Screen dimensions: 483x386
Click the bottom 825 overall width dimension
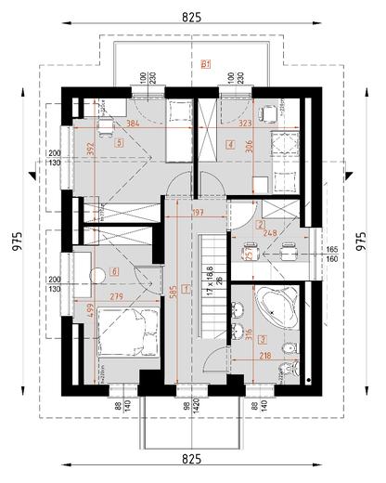coord(192,459)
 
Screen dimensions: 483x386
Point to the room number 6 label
coord(114,271)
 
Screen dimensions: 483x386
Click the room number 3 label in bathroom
coord(263,339)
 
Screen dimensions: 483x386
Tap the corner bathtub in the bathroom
coord(276,304)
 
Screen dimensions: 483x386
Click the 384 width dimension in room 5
coord(133,123)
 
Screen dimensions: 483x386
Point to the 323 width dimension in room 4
coord(247,123)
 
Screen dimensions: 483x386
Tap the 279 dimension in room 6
coord(118,296)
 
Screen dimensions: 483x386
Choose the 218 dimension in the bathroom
coord(265,356)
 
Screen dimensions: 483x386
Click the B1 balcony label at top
coord(206,64)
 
